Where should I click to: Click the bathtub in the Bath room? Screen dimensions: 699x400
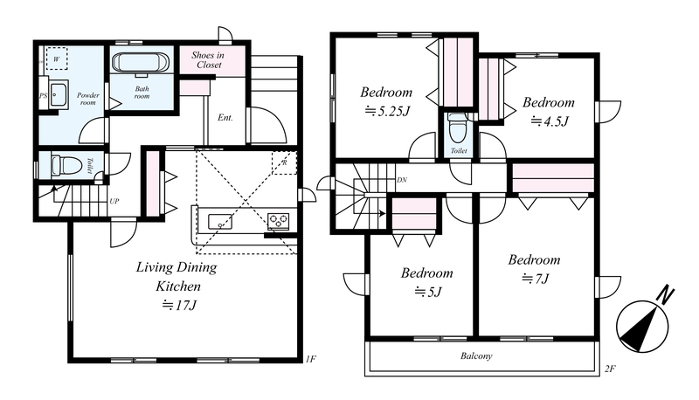tap(141, 62)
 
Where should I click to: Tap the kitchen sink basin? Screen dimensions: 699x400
tap(220, 221)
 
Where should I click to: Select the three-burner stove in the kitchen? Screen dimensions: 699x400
tap(278, 221)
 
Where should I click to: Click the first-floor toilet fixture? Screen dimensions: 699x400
tap(67, 165)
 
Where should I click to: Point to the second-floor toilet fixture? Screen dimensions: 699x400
tap(458, 127)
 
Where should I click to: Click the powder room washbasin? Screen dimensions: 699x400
tap(59, 94)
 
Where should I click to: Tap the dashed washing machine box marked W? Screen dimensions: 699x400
tap(57, 59)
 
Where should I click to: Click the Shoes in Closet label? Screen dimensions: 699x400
tap(208, 60)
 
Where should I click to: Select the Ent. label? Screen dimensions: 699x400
tap(225, 118)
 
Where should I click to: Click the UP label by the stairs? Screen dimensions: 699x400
tap(114, 202)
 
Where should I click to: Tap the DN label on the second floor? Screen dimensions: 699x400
tap(402, 180)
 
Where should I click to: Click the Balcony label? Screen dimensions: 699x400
tap(476, 356)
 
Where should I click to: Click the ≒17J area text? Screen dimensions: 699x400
tap(179, 306)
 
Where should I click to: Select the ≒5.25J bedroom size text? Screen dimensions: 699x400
tap(386, 111)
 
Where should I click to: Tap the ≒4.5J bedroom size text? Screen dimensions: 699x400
tap(550, 121)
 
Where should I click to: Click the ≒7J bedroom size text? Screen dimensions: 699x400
tap(535, 279)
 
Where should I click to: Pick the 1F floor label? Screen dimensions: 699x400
tap(311, 359)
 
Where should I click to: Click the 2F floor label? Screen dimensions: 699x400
tap(610, 369)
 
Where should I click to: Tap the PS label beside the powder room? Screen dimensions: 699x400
tap(43, 95)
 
